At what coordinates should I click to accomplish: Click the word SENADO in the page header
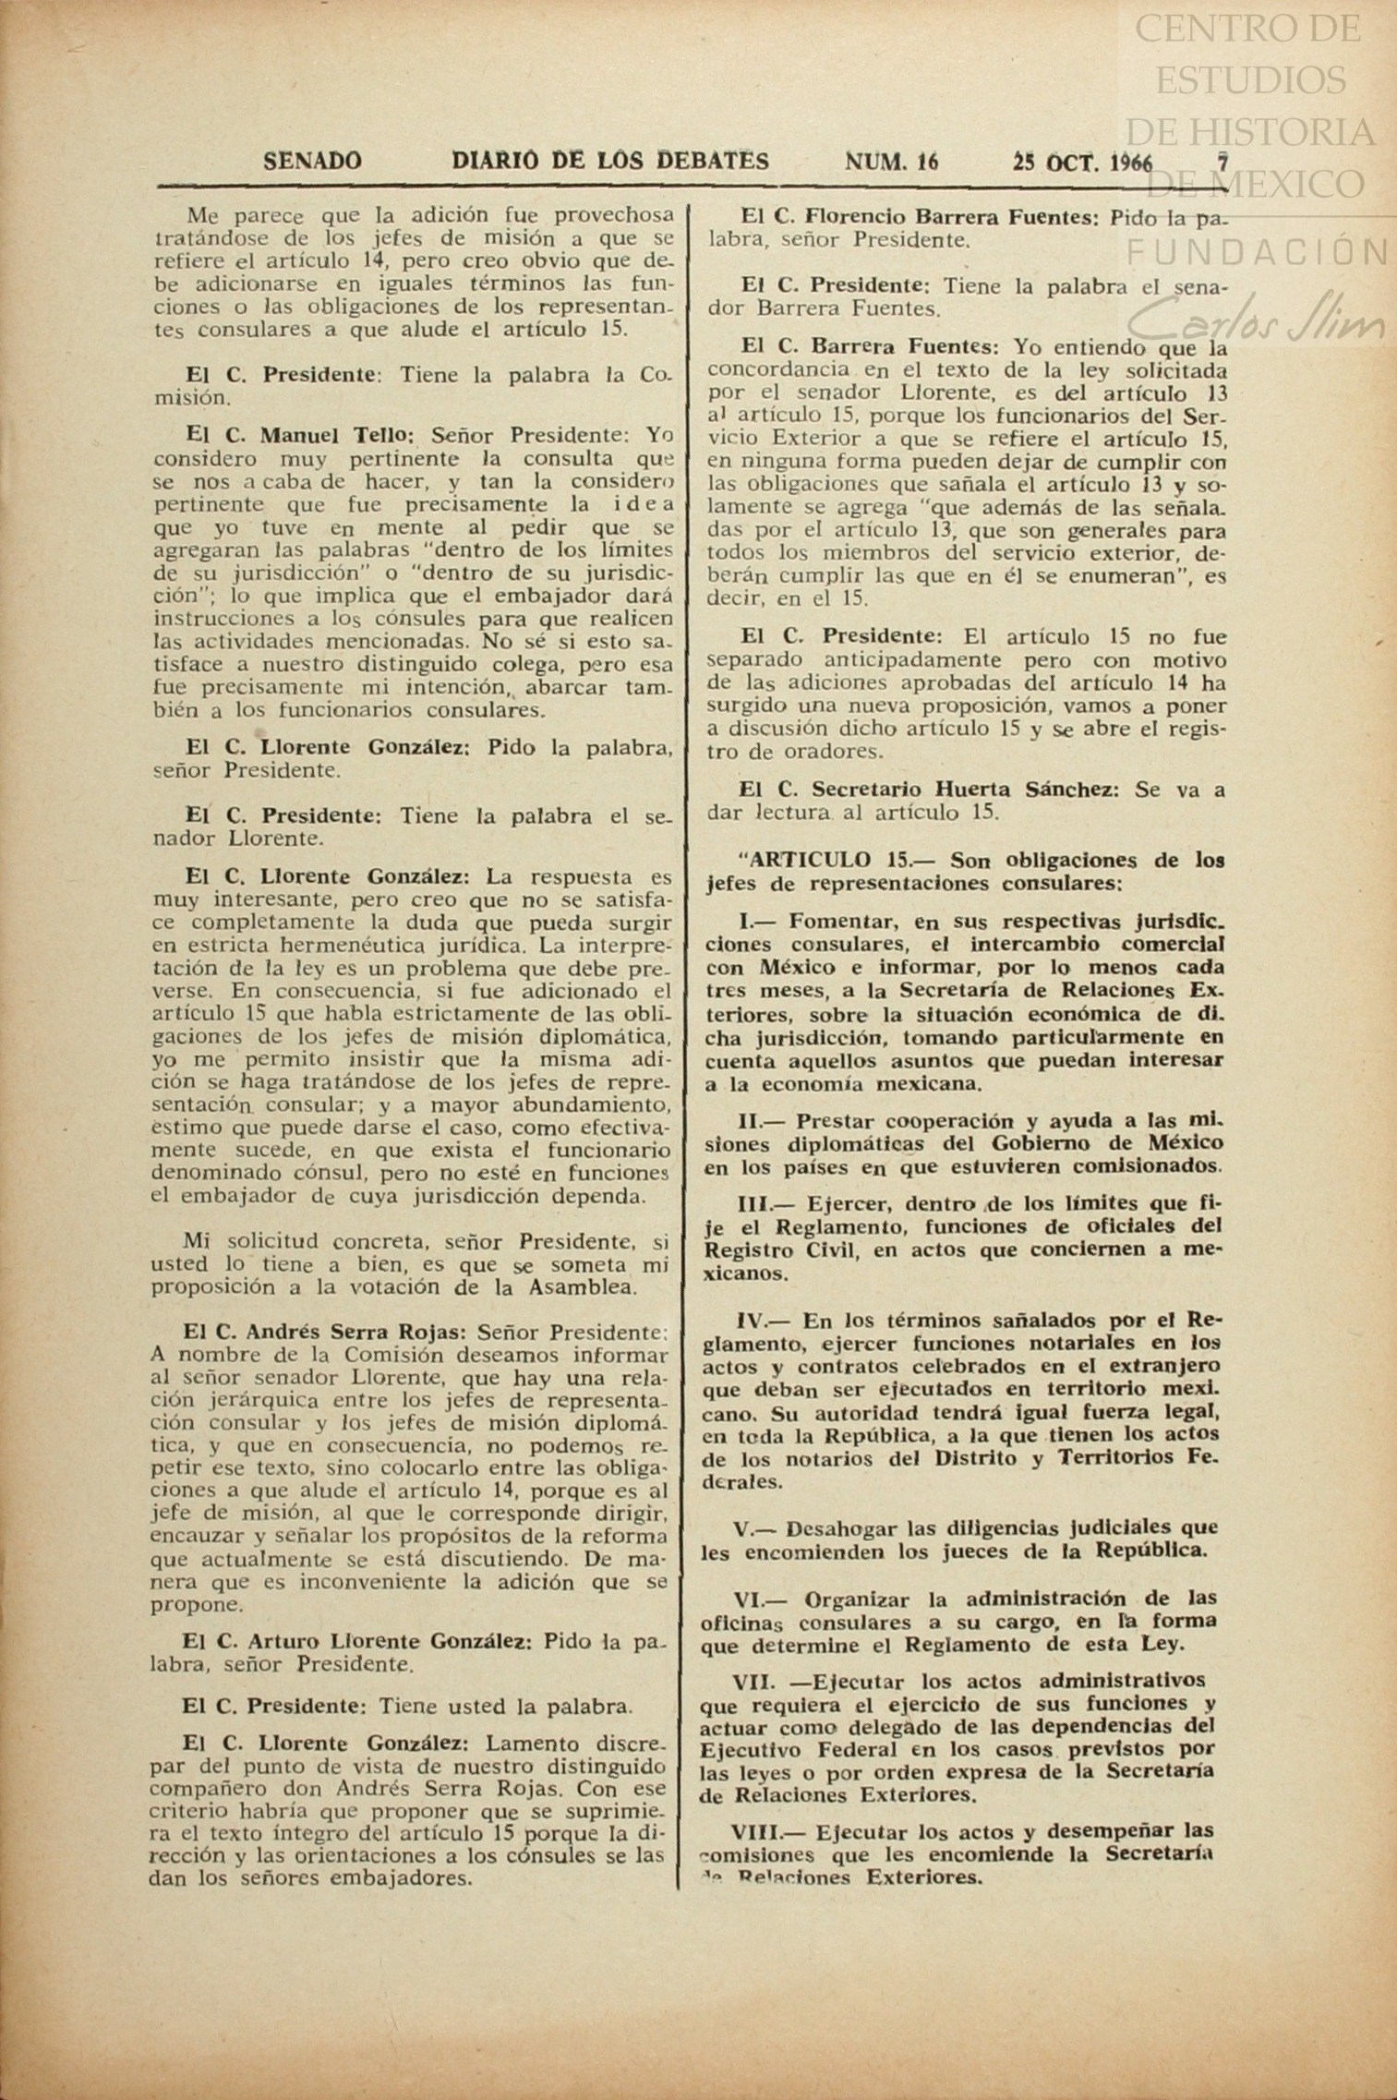pyautogui.click(x=312, y=162)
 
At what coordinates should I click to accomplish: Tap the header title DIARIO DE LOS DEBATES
pyautogui.click(x=610, y=162)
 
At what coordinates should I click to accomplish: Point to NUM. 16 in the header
pyautogui.click(x=891, y=163)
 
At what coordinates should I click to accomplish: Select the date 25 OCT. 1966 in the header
pyautogui.click(x=1082, y=163)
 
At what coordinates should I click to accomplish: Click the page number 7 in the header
pyautogui.click(x=1222, y=163)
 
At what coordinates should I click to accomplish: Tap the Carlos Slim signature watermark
pyautogui.click(x=1256, y=323)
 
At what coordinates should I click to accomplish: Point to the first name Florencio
pyautogui.click(x=854, y=218)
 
